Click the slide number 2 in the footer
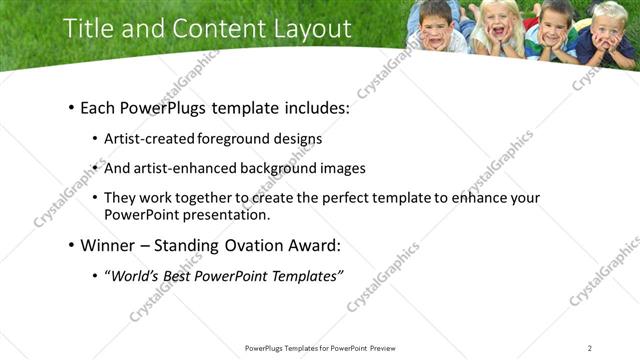pyautogui.click(x=590, y=348)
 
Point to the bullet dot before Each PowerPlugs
pyautogui.click(x=70, y=107)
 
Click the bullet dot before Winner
pyautogui.click(x=70, y=245)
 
